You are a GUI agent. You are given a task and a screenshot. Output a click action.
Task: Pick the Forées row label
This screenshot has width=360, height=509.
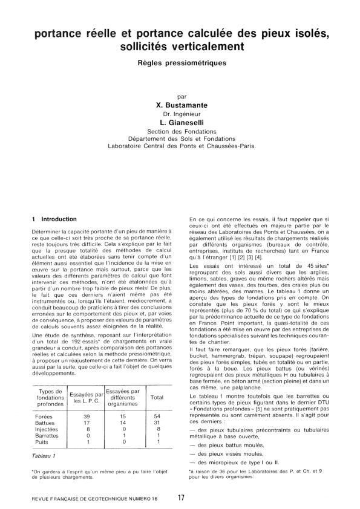click(44, 400)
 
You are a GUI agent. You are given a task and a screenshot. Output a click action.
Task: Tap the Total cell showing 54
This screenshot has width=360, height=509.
click(157, 400)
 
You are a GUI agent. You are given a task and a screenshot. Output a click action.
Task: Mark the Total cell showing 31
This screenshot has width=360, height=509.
click(157, 406)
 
